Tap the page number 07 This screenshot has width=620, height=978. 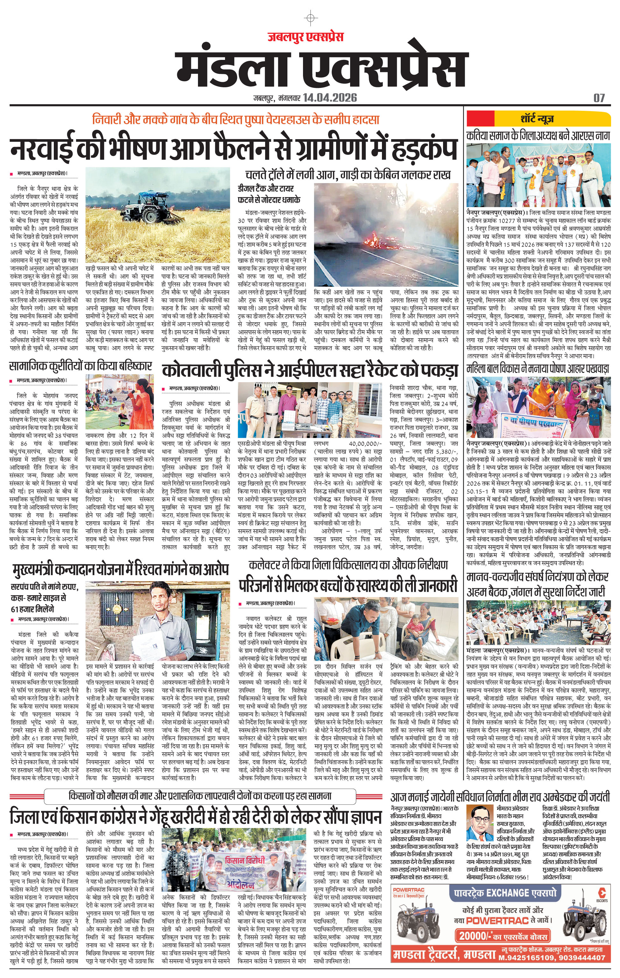tap(599, 98)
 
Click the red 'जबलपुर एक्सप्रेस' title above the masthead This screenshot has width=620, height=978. tap(305, 37)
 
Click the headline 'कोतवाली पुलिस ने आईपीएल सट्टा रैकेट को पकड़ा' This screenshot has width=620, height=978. tap(310, 370)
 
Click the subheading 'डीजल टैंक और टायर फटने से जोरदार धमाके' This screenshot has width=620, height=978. tap(269, 194)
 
